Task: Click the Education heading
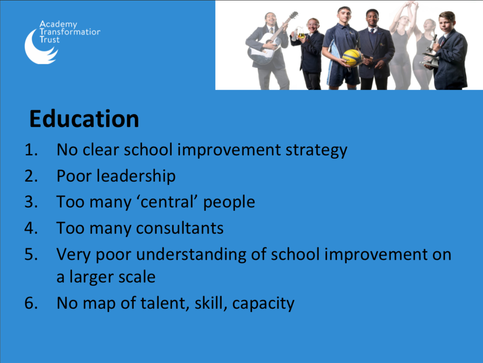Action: (x=84, y=119)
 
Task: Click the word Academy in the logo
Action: (x=58, y=24)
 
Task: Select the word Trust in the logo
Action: (x=50, y=40)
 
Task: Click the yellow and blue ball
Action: (x=353, y=58)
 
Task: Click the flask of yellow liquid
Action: (x=300, y=33)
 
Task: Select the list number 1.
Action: (x=31, y=150)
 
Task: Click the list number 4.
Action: (x=31, y=228)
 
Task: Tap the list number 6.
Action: (x=31, y=303)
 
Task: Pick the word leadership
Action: (x=136, y=176)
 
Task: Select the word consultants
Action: (x=180, y=228)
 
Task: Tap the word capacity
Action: (x=263, y=304)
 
